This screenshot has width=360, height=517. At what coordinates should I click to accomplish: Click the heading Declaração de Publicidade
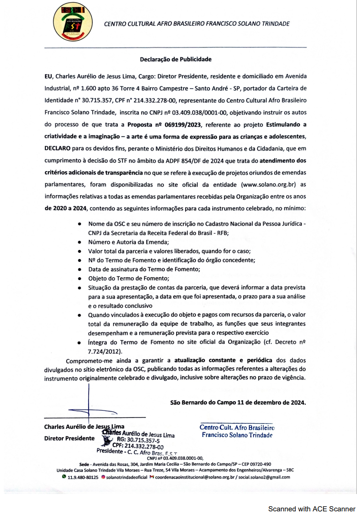pos(176,60)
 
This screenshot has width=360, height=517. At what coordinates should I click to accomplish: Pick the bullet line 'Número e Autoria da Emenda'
pos(128,242)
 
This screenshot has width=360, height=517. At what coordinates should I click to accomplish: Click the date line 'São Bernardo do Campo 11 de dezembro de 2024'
pos(238,402)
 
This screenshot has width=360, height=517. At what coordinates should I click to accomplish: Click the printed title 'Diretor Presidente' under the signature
pos(69,438)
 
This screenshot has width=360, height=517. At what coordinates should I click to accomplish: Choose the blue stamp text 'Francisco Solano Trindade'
pos(237,435)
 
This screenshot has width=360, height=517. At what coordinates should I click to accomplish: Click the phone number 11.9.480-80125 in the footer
pos(82,477)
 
